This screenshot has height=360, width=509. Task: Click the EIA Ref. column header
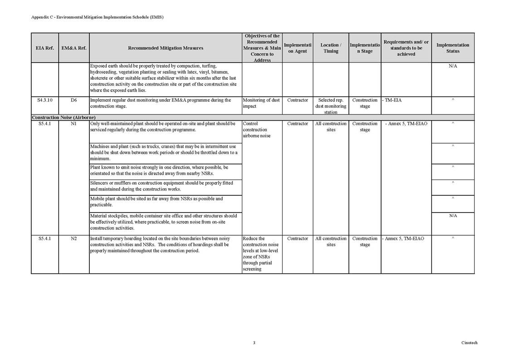(x=44, y=48)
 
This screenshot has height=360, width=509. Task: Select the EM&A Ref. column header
(x=73, y=48)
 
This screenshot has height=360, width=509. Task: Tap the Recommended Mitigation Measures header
(x=166, y=48)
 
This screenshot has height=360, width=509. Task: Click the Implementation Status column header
(x=452, y=48)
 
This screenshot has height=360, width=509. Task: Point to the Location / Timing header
(x=331, y=48)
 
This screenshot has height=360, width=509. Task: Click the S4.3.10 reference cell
(x=44, y=100)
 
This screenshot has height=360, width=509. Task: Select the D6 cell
(x=73, y=100)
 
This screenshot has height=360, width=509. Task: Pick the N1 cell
(x=73, y=123)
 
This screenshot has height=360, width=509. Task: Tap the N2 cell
(x=73, y=238)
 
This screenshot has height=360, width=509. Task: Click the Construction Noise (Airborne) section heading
(x=64, y=117)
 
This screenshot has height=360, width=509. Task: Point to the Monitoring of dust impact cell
(x=261, y=103)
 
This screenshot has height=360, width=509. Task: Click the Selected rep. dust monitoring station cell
(x=331, y=106)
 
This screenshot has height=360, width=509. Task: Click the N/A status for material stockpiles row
(x=453, y=216)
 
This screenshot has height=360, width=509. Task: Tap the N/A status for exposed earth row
(x=453, y=66)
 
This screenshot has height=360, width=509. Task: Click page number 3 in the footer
(x=254, y=343)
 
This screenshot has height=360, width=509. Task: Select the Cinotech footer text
(x=469, y=343)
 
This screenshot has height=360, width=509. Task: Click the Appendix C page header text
(x=97, y=17)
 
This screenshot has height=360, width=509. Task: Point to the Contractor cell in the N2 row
(x=297, y=238)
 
